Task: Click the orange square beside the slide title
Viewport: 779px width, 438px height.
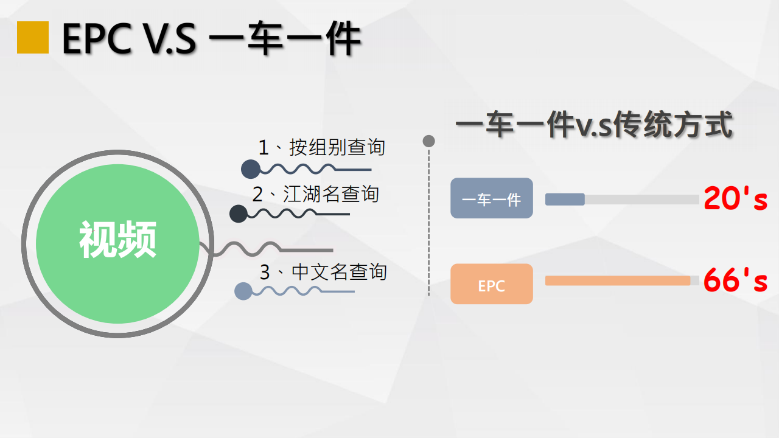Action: point(33,38)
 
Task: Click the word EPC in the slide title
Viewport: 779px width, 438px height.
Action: point(97,38)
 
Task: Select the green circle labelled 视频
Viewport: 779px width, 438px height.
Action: point(117,244)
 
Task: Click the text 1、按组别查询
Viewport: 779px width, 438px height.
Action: point(322,147)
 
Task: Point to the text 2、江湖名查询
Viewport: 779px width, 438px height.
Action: point(315,193)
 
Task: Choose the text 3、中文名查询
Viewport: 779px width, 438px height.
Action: point(323,272)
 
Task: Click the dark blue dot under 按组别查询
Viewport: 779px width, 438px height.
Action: point(251,169)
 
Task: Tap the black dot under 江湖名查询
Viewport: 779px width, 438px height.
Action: point(239,214)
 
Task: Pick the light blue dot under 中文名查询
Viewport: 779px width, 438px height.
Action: point(243,291)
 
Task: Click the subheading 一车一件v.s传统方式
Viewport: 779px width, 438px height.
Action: point(595,125)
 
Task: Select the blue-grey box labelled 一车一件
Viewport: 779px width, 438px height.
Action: point(492,198)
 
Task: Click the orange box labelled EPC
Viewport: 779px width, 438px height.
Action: point(492,284)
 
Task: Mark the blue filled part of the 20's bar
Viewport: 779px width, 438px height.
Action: point(565,200)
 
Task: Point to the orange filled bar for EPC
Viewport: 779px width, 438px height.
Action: point(618,280)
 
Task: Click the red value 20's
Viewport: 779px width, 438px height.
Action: point(736,198)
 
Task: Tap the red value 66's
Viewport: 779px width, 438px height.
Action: point(736,280)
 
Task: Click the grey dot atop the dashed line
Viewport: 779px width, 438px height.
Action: point(429,141)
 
